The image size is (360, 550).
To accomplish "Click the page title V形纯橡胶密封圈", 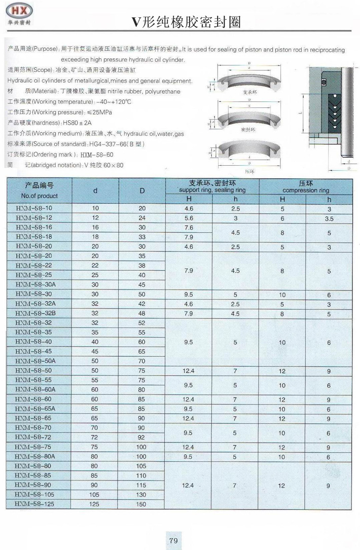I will coord(185,21).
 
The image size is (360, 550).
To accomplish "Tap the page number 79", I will coord(174,541).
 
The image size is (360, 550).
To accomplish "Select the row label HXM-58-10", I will coord(34,208).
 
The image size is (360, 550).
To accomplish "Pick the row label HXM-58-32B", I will coord(35,313).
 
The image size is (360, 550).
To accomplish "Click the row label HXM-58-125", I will coord(35,504).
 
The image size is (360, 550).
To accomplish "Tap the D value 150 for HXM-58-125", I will coord(141,504).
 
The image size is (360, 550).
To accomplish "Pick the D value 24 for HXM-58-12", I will coord(141,218).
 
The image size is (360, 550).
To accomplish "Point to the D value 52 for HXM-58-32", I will coord(141,323).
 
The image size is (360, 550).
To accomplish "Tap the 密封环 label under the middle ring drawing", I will coord(248,130).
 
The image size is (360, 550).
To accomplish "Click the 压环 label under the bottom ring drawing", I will coord(248,172).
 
